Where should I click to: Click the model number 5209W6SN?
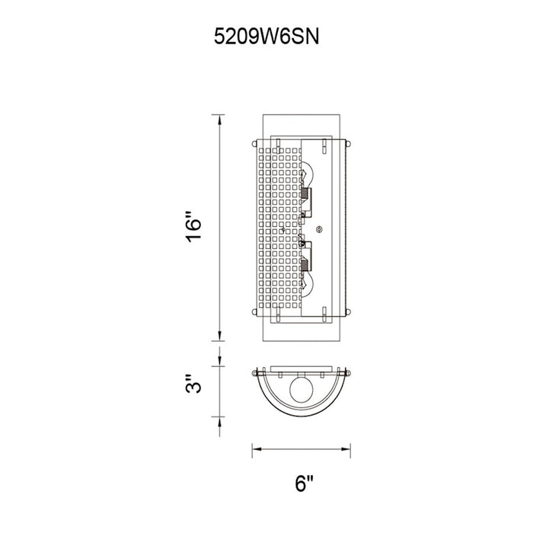click(266, 37)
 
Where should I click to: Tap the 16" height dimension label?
click(193, 228)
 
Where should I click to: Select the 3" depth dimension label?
click(193, 384)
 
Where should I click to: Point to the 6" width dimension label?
click(304, 484)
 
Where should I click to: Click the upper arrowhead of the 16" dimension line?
click(219, 120)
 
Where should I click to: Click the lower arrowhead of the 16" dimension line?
click(219, 335)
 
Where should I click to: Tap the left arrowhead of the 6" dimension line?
click(257, 449)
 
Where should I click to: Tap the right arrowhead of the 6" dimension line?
click(346, 449)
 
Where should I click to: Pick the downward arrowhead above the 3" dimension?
click(219, 361)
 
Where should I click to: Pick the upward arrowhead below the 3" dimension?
click(219, 422)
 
